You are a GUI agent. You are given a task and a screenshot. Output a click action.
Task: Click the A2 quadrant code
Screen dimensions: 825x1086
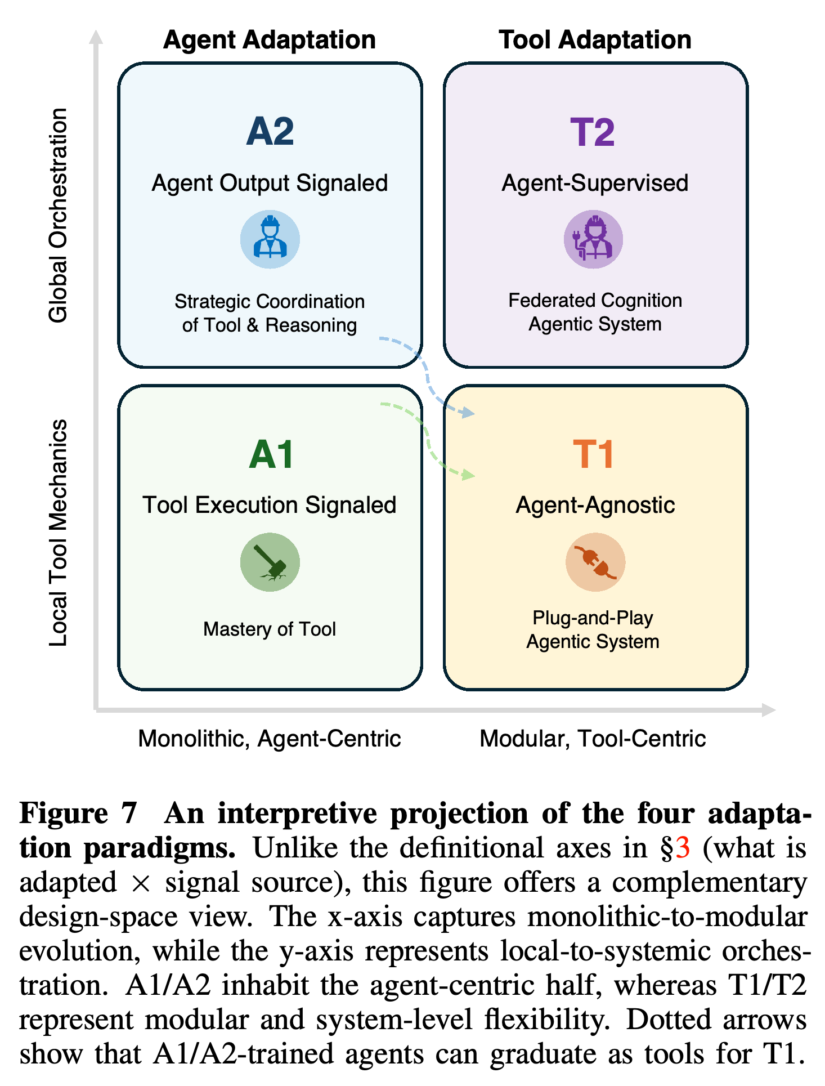point(270,131)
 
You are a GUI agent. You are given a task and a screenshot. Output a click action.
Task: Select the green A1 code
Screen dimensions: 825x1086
point(271,454)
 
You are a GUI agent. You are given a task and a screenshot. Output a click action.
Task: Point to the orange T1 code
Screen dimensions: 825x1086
point(593,454)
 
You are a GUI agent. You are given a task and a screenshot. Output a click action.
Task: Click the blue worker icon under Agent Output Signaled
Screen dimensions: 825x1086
point(270,239)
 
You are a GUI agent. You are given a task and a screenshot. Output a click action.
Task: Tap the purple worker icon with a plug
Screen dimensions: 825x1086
point(593,239)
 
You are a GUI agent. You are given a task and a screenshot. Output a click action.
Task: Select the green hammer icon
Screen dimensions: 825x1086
point(270,562)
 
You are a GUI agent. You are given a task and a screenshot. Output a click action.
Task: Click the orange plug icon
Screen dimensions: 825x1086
point(595,562)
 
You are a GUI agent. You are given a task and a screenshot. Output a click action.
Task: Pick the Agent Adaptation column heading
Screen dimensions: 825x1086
point(270,40)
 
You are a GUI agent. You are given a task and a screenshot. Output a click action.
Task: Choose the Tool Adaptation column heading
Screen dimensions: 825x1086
point(595,40)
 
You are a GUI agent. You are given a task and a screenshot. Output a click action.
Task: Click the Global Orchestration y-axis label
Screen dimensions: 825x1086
point(58,215)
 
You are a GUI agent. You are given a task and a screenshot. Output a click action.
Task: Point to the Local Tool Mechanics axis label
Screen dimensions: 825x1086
point(58,533)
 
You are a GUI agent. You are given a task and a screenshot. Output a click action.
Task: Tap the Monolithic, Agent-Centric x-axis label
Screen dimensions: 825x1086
point(270,739)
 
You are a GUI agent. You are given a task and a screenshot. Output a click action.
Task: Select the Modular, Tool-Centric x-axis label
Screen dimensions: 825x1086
point(593,739)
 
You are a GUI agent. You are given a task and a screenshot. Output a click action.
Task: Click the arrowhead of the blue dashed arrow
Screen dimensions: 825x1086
point(468,414)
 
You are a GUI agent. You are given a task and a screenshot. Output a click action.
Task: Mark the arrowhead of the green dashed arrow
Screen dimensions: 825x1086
point(468,476)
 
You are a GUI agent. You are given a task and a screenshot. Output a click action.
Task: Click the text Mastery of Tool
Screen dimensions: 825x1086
point(270,629)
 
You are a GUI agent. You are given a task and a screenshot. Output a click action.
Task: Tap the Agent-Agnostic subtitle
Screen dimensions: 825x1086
point(595,505)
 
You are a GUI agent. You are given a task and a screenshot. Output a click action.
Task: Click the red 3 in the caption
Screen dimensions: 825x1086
point(683,848)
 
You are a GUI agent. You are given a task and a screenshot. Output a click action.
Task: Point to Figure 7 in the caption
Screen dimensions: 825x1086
point(78,814)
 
